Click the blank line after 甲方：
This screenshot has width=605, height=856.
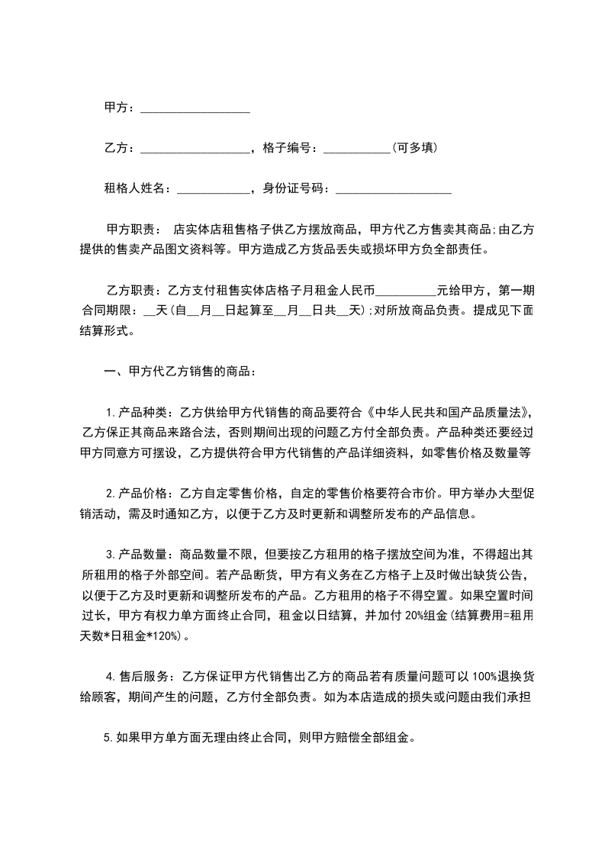point(195,109)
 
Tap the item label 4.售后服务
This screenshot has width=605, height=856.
point(140,677)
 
